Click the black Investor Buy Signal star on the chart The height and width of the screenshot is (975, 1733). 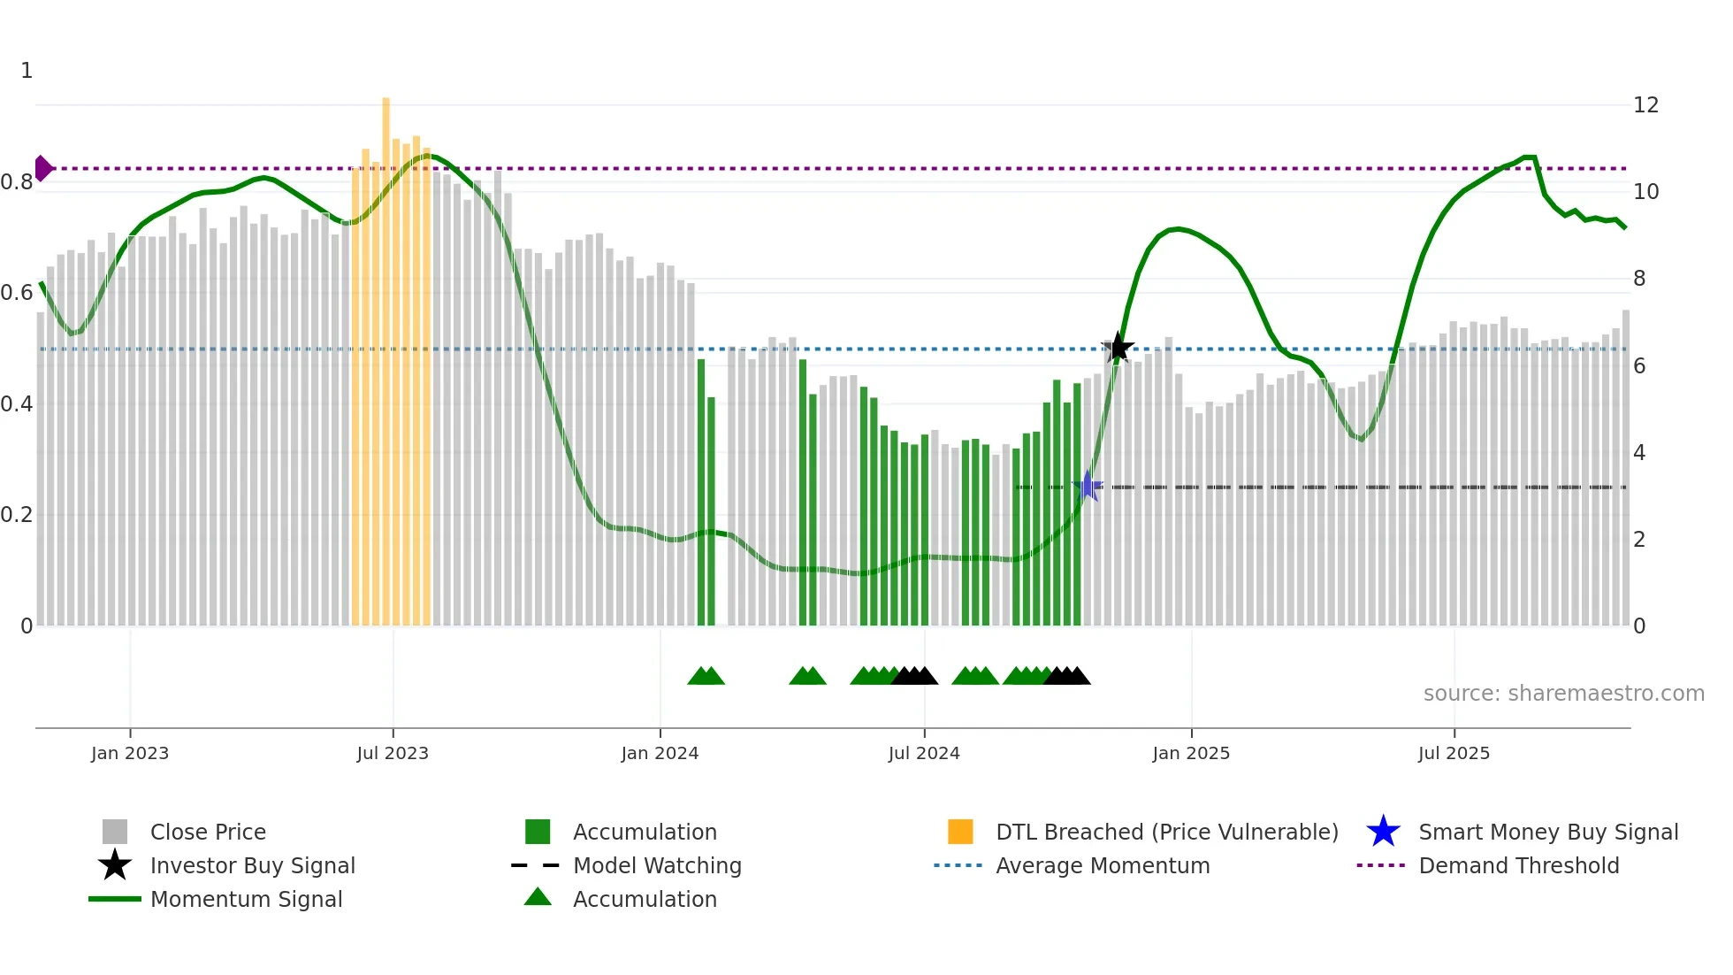pyautogui.click(x=1118, y=348)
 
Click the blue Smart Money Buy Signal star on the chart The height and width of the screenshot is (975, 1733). pyautogui.click(x=1088, y=487)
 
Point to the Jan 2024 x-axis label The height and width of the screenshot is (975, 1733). pyautogui.click(x=660, y=753)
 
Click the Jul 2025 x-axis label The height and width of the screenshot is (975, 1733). pyautogui.click(x=1454, y=753)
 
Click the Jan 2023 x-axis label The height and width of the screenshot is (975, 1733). pyautogui.click(x=130, y=753)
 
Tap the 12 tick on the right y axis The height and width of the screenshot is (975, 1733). pyautogui.click(x=1645, y=105)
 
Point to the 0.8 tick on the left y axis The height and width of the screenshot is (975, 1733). pyautogui.click(x=17, y=182)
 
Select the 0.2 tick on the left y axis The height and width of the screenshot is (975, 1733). pyautogui.click(x=17, y=515)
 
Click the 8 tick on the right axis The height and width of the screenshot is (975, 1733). pyautogui.click(x=1639, y=279)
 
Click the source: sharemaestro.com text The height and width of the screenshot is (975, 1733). pyautogui.click(x=1563, y=694)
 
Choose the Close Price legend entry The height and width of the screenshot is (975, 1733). pyautogui.click(x=207, y=832)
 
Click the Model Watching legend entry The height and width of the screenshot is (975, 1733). pyautogui.click(x=656, y=865)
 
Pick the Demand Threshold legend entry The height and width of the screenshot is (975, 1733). pyautogui.click(x=1518, y=865)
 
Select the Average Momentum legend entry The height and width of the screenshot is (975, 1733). pyautogui.click(x=1102, y=865)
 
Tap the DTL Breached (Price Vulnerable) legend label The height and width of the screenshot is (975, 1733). pyautogui.click(x=1166, y=832)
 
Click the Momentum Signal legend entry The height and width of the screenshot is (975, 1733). pyautogui.click(x=246, y=899)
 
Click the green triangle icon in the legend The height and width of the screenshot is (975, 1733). pyautogui.click(x=538, y=898)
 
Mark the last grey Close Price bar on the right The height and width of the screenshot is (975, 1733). pyautogui.click(x=1625, y=469)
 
